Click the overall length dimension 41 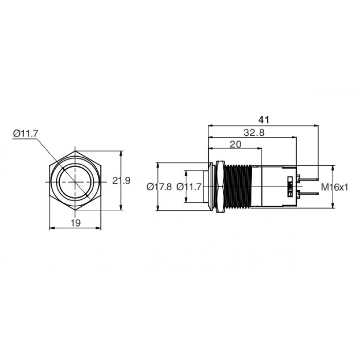263,120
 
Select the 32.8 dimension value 254,133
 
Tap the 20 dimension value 236,145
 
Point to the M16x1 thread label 334,187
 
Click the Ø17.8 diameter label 159,187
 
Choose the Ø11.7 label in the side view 189,187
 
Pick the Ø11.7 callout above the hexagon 25,133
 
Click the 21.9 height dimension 121,181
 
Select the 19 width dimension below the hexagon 76,223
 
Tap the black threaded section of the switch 239,187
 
